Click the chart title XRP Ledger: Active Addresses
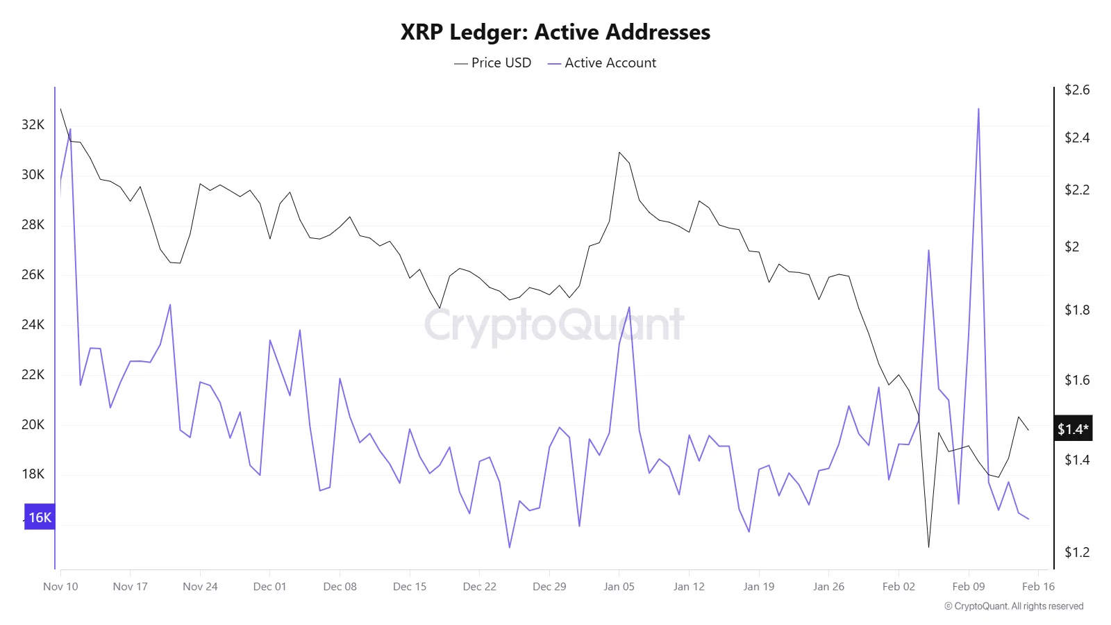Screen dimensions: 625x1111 tap(555, 33)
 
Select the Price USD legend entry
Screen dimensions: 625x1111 tap(493, 63)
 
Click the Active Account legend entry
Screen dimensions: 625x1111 tap(602, 63)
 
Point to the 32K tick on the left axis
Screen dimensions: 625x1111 tap(33, 125)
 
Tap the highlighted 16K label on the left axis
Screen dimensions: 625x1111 tap(40, 517)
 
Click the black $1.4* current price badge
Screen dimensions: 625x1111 tap(1073, 429)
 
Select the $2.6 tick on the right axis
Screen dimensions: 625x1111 tap(1077, 90)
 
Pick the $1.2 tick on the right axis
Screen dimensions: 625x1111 tap(1077, 553)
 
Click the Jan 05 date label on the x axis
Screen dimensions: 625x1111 tap(619, 587)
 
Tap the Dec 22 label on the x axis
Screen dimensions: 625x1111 tap(479, 587)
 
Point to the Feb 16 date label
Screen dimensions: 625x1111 tap(1038, 587)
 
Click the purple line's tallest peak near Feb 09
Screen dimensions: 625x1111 tap(978, 109)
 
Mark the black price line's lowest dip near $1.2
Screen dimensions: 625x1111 tap(928, 547)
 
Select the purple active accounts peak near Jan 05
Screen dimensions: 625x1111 tap(629, 308)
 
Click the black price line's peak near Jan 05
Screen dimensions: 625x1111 tap(619, 152)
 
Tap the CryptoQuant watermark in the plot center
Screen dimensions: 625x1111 tap(554, 325)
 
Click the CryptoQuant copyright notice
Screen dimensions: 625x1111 tap(1014, 606)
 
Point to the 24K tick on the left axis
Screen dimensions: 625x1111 tap(33, 325)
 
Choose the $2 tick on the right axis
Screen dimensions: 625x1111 tap(1072, 247)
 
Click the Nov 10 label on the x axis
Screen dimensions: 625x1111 tap(60, 587)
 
